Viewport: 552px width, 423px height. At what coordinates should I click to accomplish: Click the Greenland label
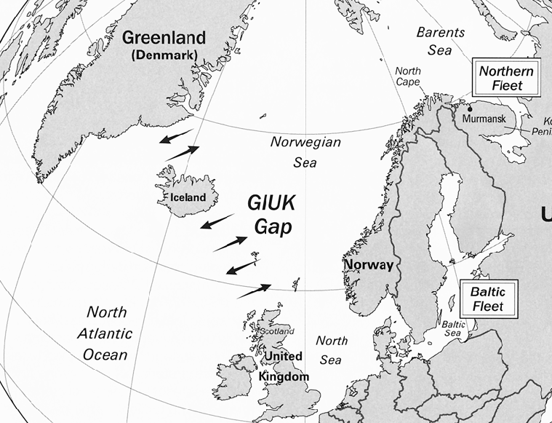coord(164,38)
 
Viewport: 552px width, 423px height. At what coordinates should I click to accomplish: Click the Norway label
coord(369,265)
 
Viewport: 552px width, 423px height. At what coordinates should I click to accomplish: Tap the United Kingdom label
coord(284,366)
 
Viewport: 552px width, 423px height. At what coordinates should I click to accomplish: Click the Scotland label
coord(276,331)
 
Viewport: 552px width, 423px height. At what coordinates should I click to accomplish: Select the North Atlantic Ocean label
coord(106,333)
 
